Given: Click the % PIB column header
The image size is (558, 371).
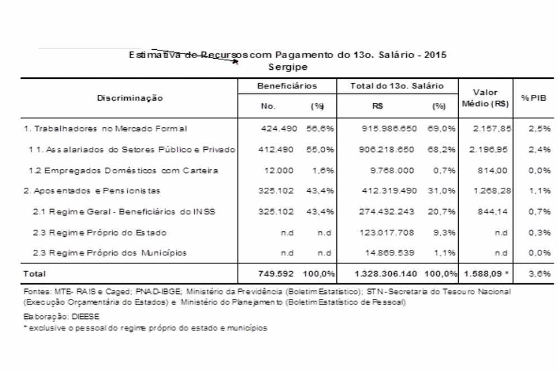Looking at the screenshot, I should [x=532, y=98].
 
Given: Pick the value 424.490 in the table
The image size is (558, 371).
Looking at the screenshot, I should [x=277, y=129].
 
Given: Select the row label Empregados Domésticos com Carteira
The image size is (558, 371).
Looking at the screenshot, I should [x=119, y=170].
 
